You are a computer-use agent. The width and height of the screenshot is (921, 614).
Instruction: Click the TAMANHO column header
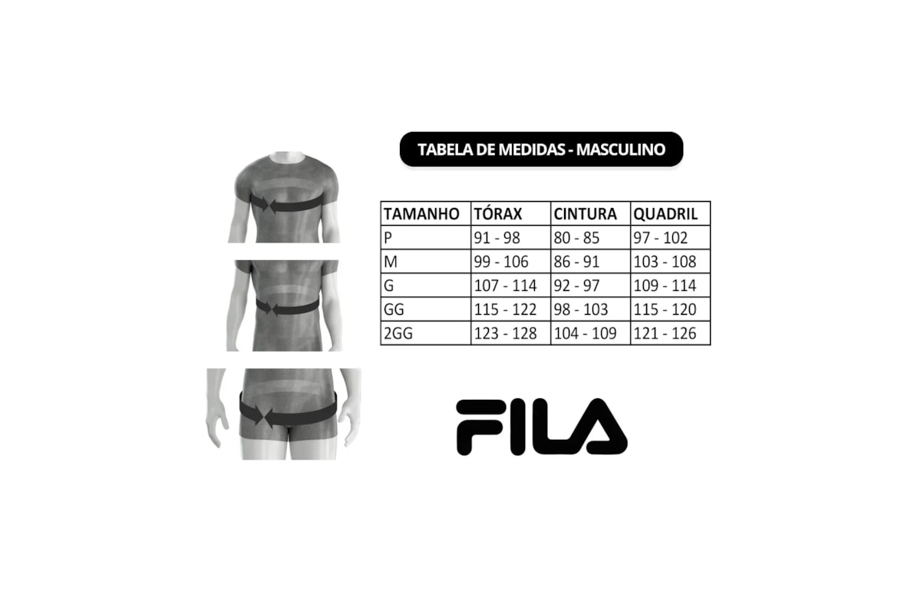[421, 214]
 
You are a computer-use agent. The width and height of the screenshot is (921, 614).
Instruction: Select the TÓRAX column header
[498, 214]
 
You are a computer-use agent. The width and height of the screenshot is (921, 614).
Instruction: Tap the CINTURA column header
[585, 214]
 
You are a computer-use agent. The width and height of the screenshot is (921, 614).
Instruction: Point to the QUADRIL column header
[665, 214]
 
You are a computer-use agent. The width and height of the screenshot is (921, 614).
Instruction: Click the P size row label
[388, 238]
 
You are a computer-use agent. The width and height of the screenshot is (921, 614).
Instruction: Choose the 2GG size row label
[398, 333]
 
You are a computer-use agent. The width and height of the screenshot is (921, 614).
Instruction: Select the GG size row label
[394, 309]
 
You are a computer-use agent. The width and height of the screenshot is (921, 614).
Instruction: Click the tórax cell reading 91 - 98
[497, 238]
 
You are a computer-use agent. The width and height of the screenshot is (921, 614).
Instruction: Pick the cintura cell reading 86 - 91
[576, 262]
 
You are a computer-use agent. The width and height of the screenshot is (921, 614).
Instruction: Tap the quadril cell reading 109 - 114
[665, 286]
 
